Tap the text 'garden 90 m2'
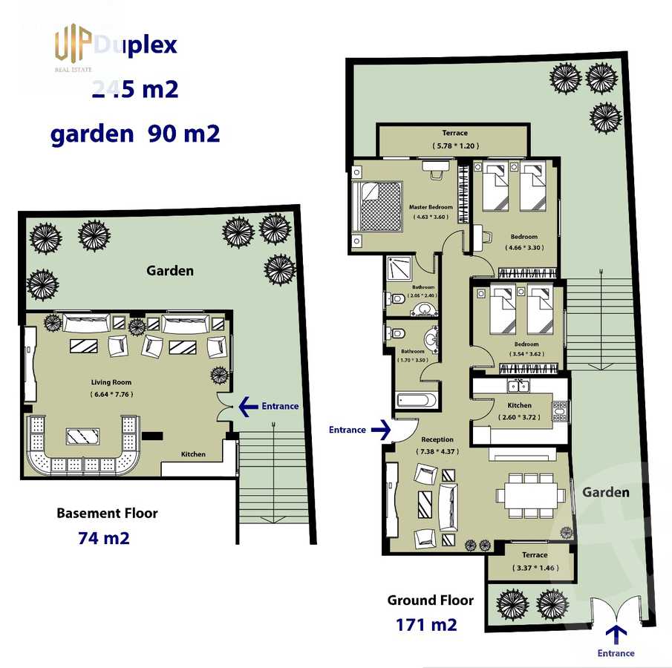point(134,134)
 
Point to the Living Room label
point(111,383)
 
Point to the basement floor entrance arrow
point(247,406)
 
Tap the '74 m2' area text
point(104,538)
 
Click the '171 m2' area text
point(426,624)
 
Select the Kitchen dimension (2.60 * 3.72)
point(519,416)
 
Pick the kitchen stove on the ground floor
point(560,410)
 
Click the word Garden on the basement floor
point(170,271)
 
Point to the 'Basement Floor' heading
point(107,513)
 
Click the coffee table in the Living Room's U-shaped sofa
point(83,436)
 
